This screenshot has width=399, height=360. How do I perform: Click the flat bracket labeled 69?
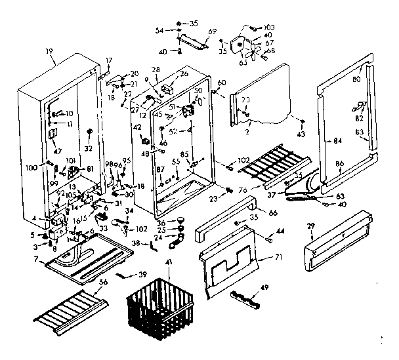pyautogui.click(x=192, y=43)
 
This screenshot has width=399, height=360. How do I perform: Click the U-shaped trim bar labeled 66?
pyautogui.click(x=227, y=224)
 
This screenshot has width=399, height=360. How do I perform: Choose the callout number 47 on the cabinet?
pyautogui.click(x=57, y=151)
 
